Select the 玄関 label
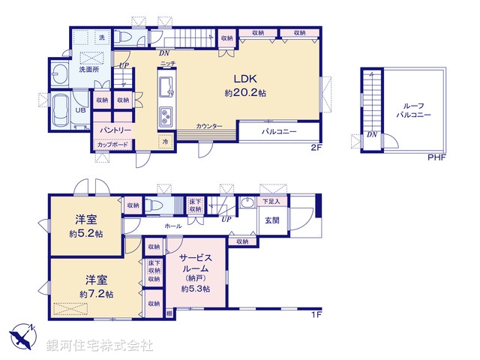pyautogui.click(x=271, y=220)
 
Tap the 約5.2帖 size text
pyautogui.click(x=84, y=234)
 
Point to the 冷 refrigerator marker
pyautogui.click(x=165, y=141)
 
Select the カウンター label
pyautogui.click(x=209, y=127)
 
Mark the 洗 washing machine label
pyautogui.click(x=103, y=37)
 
